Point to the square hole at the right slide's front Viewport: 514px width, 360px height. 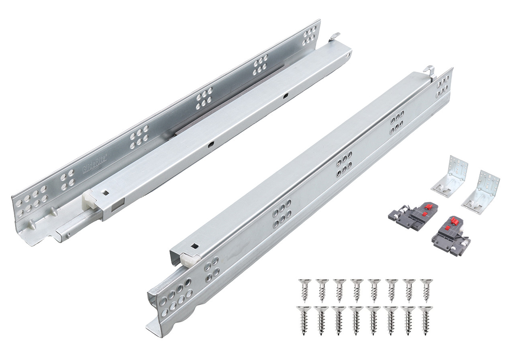(195, 246)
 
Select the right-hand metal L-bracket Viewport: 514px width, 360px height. (482, 191)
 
